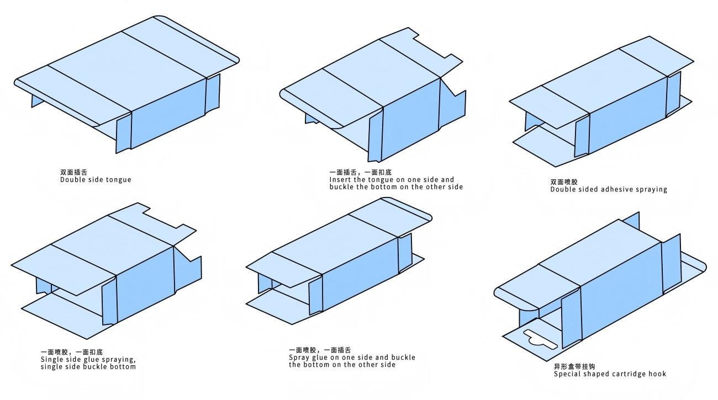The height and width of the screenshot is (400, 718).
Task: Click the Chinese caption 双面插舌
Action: coord(73,172)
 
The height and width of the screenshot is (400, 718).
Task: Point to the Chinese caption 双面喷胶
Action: coord(564,182)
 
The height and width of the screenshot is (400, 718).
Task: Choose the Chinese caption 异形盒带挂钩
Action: coord(574,366)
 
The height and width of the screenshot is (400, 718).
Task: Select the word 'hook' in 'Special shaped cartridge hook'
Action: coord(657,374)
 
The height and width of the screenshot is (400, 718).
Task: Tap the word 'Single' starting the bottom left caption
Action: coord(51,360)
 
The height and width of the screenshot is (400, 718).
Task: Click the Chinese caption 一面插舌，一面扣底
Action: coord(360,172)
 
